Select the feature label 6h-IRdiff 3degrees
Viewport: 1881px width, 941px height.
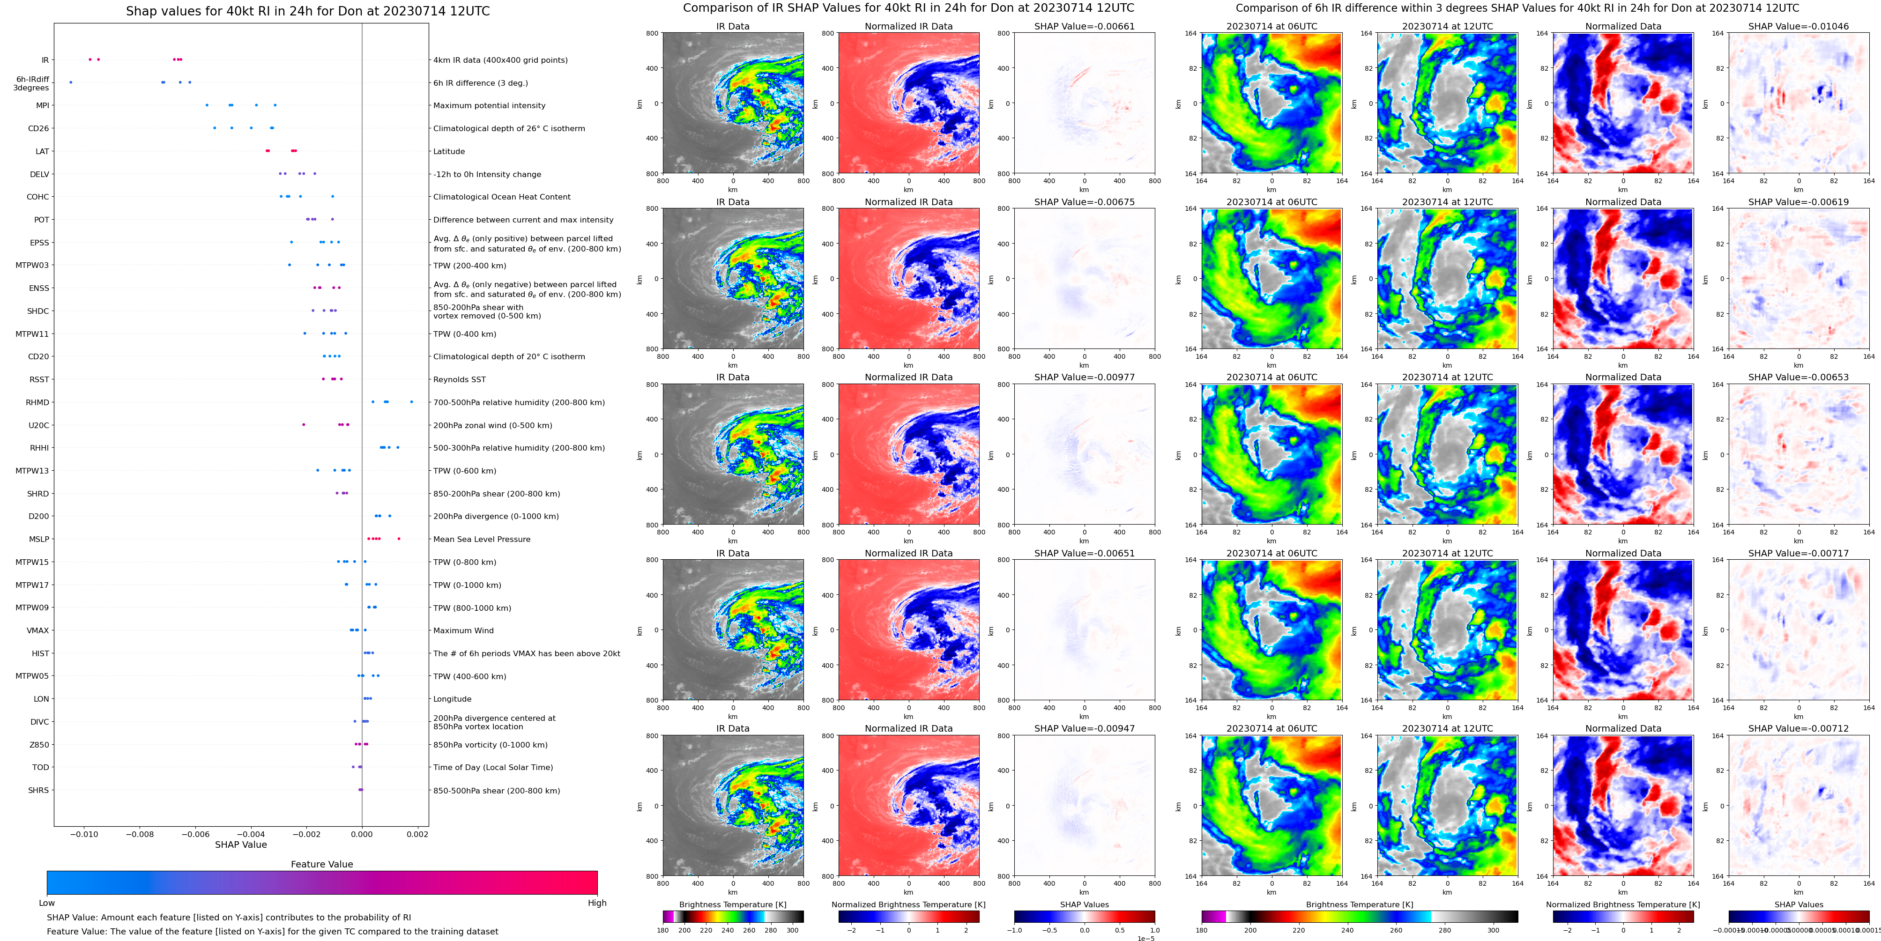coord(32,83)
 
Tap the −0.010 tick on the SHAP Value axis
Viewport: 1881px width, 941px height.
coord(85,834)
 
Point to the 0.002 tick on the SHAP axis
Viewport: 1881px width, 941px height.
coord(417,834)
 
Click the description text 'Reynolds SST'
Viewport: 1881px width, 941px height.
coord(459,379)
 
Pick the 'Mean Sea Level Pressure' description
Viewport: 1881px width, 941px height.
coord(481,540)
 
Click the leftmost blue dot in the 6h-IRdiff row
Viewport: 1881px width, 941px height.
coord(71,82)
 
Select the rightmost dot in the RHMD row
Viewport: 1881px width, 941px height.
coord(412,401)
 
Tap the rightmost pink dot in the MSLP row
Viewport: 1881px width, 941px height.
coord(399,539)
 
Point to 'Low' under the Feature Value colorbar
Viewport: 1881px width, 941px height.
coord(47,903)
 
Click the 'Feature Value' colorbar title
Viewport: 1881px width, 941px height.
coord(321,864)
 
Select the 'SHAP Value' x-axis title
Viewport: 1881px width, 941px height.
coord(241,845)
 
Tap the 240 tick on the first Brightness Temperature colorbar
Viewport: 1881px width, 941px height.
coord(727,930)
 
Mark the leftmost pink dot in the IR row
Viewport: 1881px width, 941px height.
coord(90,59)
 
